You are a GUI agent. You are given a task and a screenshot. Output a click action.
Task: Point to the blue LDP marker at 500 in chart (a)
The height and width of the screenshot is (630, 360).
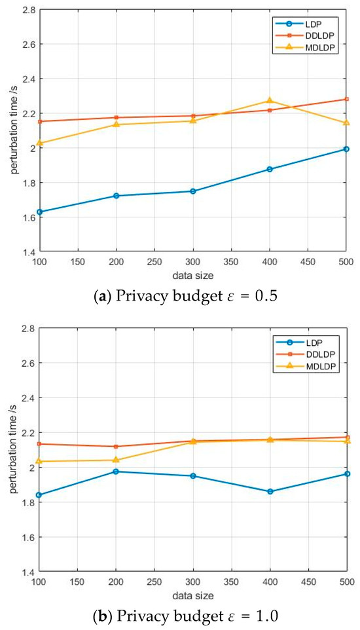(346, 149)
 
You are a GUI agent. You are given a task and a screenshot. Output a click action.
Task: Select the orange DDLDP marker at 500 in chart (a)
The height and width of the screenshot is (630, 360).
(346, 100)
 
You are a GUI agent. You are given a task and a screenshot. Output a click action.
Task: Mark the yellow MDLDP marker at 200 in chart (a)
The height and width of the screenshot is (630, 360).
(116, 124)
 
